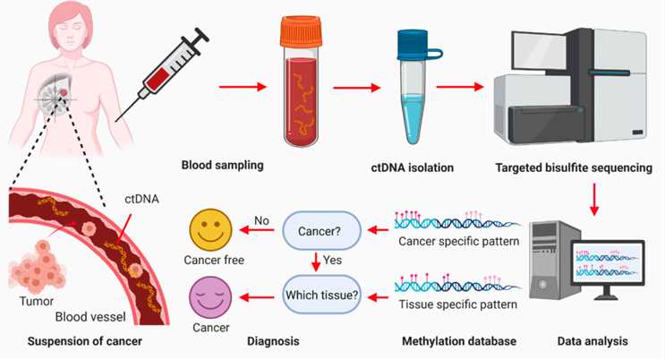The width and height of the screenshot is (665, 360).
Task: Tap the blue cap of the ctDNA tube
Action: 413,41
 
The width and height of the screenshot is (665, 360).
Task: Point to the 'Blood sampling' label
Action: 223,165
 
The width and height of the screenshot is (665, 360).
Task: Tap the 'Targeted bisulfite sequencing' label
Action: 567,165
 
